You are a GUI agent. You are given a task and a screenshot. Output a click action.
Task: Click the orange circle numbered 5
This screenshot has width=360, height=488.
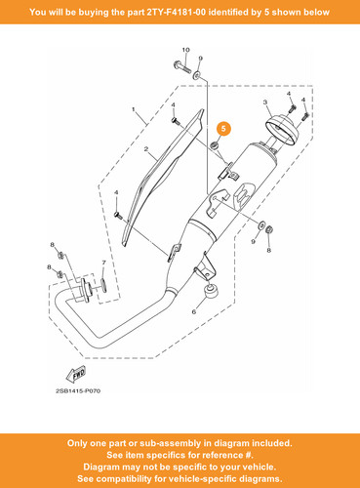pos(223,129)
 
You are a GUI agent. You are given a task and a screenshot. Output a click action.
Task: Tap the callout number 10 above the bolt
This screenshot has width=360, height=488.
pos(185,50)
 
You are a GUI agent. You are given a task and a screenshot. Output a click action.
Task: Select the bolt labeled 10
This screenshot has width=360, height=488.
pos(181,66)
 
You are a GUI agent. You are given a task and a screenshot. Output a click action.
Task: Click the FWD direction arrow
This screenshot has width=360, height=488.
pos(76,374)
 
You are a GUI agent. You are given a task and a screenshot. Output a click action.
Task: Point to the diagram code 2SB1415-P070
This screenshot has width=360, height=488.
pos(78,390)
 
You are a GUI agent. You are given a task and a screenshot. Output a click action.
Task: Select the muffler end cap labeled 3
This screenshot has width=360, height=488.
pos(282,128)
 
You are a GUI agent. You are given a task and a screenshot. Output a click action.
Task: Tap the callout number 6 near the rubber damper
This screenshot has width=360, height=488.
pos(194,312)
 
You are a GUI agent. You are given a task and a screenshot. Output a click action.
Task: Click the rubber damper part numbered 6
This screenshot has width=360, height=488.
pos(210,291)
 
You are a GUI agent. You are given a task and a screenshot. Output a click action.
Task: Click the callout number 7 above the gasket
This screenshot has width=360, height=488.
pos(103,263)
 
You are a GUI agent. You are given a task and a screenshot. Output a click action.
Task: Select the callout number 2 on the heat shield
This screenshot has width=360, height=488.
pos(146,149)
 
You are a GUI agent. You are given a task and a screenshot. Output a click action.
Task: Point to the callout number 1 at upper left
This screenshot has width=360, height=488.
pos(134,109)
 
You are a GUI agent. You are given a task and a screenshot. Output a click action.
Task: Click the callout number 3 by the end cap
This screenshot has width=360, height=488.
pos(265,102)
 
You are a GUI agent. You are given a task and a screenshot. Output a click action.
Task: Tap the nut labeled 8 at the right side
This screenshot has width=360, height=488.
pos(269,229)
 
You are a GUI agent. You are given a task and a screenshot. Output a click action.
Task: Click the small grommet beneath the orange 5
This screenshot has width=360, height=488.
pos(215,145)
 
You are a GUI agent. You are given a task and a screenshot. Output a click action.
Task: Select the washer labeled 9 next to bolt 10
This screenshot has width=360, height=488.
pos(197,76)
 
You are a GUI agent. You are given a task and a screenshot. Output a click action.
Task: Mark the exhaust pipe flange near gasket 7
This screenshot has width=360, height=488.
pos(87,291)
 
